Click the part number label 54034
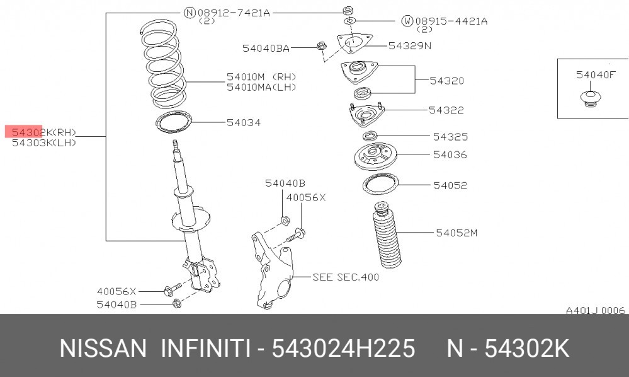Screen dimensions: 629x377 tap(244, 122)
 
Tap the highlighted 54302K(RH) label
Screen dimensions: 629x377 tap(43, 132)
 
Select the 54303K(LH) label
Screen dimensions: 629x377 tap(43, 142)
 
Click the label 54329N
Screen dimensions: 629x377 tap(409, 46)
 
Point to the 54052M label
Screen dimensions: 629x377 tap(456, 233)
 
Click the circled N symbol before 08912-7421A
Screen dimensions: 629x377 tap(190, 13)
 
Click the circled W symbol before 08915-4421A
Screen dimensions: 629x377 tap(407, 21)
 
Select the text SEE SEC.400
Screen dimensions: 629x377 tap(346, 277)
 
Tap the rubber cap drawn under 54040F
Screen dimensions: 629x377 tap(590, 99)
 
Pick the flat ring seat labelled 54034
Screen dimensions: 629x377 tap(174, 122)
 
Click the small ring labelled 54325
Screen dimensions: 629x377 tap(370, 136)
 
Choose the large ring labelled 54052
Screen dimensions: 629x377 tap(380, 185)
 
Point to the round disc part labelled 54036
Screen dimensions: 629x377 tap(375, 156)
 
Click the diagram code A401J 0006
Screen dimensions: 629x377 tap(595, 310)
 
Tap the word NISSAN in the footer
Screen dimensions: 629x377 tap(103, 348)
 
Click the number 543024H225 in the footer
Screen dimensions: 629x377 tap(343, 348)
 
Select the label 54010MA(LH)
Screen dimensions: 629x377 tap(261, 87)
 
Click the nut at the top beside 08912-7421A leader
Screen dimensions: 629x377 tap(348, 11)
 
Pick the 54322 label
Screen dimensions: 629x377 tap(446, 110)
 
